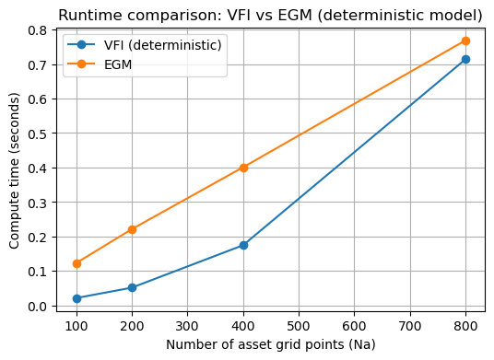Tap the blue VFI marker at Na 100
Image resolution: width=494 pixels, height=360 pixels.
[76, 298]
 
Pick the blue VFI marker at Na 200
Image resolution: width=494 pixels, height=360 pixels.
[132, 287]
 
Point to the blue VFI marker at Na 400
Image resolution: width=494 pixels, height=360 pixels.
[243, 245]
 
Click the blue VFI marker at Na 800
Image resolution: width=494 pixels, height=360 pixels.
[465, 59]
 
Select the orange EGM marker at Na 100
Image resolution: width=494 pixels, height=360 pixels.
[76, 263]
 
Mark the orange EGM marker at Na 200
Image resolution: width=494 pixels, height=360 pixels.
[132, 229]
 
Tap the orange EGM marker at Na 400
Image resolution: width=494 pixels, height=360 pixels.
[243, 168]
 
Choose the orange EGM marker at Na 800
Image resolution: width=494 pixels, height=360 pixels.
[465, 41]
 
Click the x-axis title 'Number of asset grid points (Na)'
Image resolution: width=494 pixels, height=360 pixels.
[271, 344]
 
